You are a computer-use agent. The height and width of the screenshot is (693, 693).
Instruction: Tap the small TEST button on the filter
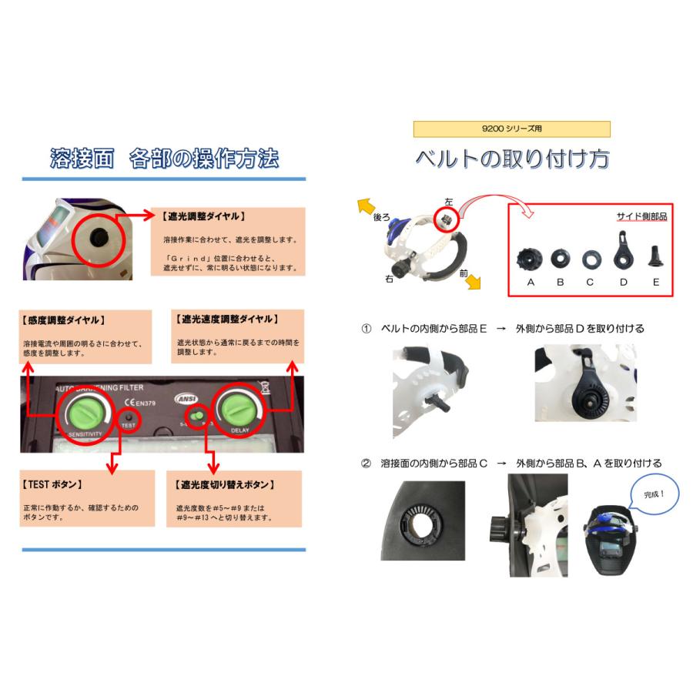[128, 417]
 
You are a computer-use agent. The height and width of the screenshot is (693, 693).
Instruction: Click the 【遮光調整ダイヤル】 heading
[205, 216]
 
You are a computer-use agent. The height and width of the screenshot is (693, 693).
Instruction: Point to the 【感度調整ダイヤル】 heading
[65, 320]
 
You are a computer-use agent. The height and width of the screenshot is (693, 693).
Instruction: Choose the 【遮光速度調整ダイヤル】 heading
[228, 319]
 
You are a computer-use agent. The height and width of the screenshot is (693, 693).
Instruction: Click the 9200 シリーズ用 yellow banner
[511, 129]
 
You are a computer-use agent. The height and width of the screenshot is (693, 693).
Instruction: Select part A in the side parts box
[531, 257]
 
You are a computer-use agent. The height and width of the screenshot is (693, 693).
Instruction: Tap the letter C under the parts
[590, 282]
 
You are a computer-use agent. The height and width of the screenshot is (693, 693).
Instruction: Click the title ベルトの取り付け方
[512, 159]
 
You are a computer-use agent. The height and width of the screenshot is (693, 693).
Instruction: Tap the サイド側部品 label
[641, 216]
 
